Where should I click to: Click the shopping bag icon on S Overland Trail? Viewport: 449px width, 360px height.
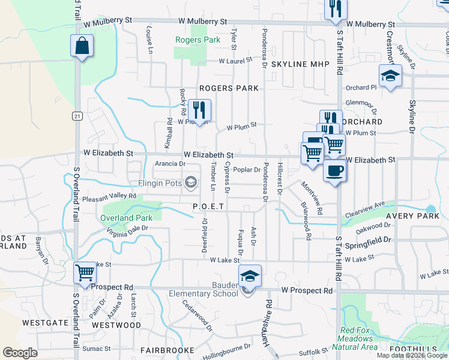click(82, 46)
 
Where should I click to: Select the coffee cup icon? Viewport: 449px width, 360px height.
click(335, 170)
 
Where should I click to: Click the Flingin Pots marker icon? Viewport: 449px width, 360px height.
click(191, 182)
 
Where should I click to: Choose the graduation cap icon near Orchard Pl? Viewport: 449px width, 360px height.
click(390, 76)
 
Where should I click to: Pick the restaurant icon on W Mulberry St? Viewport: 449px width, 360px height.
click(335, 8)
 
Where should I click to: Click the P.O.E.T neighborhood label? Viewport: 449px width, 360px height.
click(208, 206)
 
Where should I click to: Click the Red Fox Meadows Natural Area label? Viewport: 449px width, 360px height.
click(358, 338)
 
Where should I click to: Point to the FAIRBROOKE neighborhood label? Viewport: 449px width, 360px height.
click(167, 350)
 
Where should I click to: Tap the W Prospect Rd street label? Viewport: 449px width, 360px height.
click(307, 290)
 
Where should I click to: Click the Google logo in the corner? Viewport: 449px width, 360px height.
click(20, 353)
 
